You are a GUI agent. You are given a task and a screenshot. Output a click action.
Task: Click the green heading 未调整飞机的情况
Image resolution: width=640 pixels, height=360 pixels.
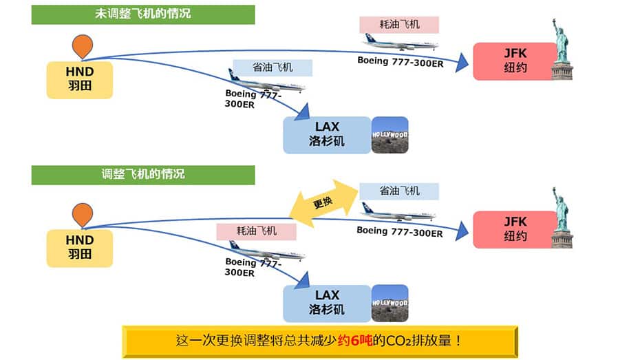click(x=143, y=14)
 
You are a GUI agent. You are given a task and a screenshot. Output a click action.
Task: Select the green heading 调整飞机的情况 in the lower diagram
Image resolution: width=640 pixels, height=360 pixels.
click(x=143, y=175)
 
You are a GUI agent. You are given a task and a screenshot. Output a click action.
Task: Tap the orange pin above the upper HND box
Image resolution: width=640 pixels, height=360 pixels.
click(x=83, y=46)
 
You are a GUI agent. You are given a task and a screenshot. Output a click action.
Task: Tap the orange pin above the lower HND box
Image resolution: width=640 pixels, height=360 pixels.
click(x=83, y=215)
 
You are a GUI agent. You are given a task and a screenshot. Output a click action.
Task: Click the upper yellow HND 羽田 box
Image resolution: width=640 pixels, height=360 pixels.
click(x=80, y=80)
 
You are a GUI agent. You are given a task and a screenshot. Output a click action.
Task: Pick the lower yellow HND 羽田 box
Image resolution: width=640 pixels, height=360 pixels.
click(x=80, y=248)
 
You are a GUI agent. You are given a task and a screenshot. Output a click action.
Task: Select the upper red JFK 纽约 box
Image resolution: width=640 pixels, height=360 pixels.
click(x=515, y=61)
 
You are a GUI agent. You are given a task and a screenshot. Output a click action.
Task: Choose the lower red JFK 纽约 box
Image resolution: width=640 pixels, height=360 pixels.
click(x=515, y=229)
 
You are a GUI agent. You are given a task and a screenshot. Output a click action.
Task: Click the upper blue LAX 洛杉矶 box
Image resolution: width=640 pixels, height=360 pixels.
click(x=327, y=135)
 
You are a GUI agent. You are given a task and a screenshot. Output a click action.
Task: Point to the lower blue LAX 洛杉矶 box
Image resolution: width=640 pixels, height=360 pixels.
click(x=327, y=304)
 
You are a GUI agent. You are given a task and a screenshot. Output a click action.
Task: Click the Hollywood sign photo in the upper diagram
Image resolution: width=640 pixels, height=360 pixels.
click(x=390, y=135)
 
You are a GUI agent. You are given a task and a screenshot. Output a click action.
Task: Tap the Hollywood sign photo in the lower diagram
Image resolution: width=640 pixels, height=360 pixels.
click(x=390, y=304)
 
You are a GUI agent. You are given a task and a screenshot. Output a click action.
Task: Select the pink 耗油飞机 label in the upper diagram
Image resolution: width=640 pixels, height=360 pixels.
click(x=399, y=25)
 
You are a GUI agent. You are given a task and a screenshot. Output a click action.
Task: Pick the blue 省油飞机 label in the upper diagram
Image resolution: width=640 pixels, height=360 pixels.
click(x=273, y=67)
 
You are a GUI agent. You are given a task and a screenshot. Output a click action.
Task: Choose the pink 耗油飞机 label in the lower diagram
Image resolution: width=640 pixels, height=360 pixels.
click(x=256, y=231)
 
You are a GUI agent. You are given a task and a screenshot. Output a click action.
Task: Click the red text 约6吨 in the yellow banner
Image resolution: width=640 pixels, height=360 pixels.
click(x=355, y=341)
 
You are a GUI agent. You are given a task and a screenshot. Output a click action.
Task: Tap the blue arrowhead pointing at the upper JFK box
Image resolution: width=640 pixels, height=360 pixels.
click(x=462, y=63)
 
